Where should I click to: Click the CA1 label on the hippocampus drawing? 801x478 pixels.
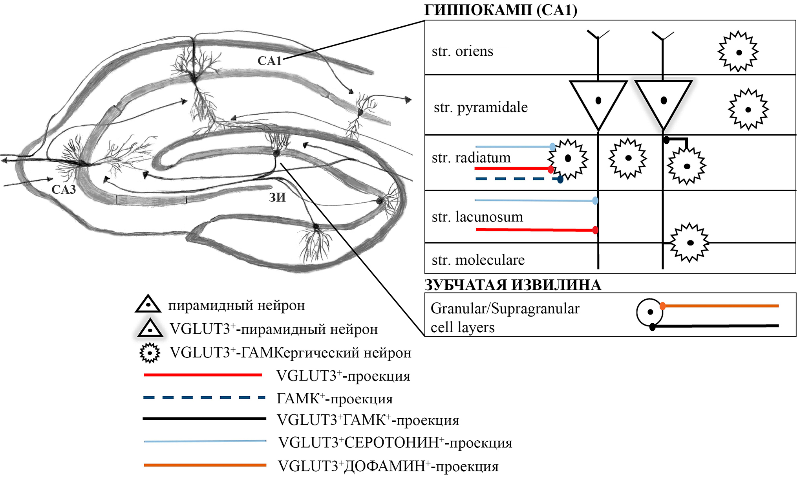(269, 61)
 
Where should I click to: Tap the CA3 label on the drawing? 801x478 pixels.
(64, 189)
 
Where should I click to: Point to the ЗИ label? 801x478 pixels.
(277, 197)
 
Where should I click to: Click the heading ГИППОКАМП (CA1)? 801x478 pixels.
(501, 10)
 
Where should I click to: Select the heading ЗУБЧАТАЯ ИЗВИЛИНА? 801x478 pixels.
(513, 285)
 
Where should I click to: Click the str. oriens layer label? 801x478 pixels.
(462, 51)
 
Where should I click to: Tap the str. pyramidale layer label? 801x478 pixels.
(481, 107)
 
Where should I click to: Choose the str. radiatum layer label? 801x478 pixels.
(471, 158)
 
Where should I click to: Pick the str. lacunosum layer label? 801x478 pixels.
(477, 216)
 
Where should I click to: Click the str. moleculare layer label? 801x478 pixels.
(478, 260)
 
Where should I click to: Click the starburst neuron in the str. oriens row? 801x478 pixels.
(738, 52)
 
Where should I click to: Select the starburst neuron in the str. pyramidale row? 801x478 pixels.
(748, 109)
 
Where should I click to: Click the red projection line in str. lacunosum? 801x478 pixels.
(536, 229)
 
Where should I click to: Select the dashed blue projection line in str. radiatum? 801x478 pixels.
(518, 179)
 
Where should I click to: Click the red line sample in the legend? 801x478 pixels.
(203, 375)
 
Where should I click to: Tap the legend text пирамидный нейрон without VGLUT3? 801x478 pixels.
(236, 305)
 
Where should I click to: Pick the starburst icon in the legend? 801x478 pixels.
(150, 353)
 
